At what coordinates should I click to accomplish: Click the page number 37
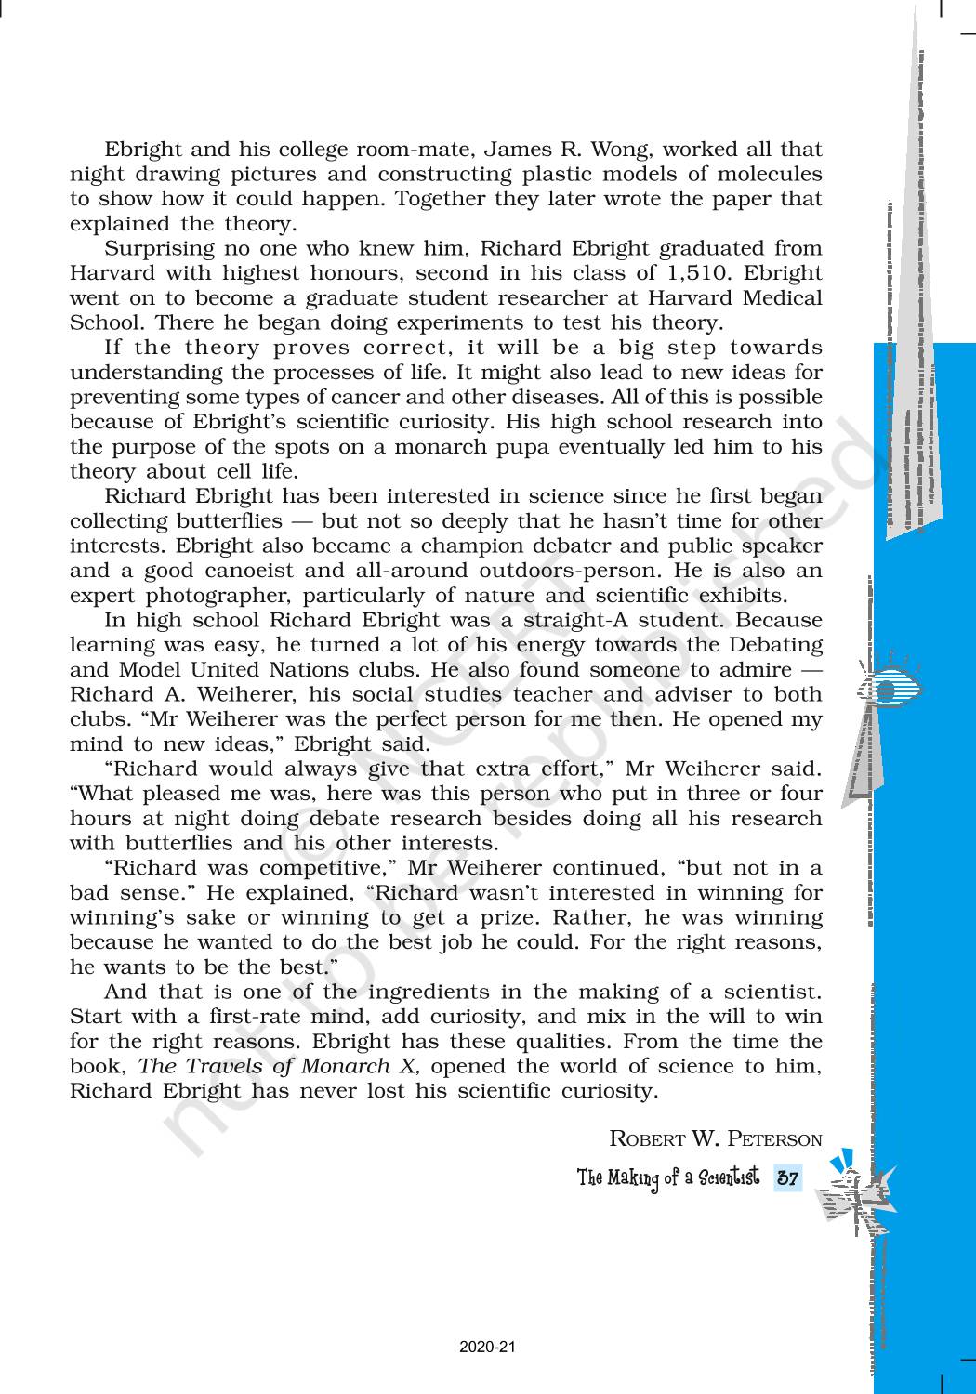pyautogui.click(x=787, y=1178)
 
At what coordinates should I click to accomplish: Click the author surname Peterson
pyautogui.click(x=774, y=1138)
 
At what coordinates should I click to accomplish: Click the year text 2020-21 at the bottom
pyautogui.click(x=487, y=1346)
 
